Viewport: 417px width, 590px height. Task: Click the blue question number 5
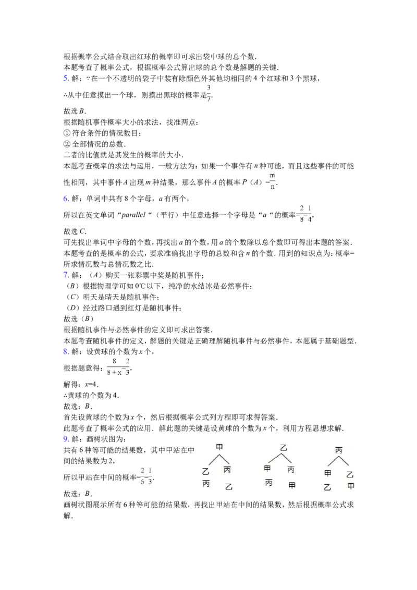[x=66, y=78]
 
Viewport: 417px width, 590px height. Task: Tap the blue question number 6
[x=66, y=198]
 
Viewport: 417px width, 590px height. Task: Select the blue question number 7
[x=66, y=275]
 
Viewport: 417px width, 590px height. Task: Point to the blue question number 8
[x=66, y=351]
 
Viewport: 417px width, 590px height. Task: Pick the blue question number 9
[x=66, y=439]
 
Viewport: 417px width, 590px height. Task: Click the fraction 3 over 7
[x=209, y=93]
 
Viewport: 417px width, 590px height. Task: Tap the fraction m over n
[x=272, y=181]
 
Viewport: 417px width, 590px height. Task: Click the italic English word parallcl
[x=133, y=215]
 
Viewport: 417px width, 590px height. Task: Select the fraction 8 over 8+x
[x=114, y=367]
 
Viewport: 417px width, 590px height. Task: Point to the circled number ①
[x=67, y=133]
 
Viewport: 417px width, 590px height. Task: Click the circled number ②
[x=67, y=144]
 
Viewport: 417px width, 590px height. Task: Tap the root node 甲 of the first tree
[x=219, y=447]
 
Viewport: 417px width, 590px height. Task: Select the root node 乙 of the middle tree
[x=284, y=448]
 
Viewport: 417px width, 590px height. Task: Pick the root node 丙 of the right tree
[x=338, y=450]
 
